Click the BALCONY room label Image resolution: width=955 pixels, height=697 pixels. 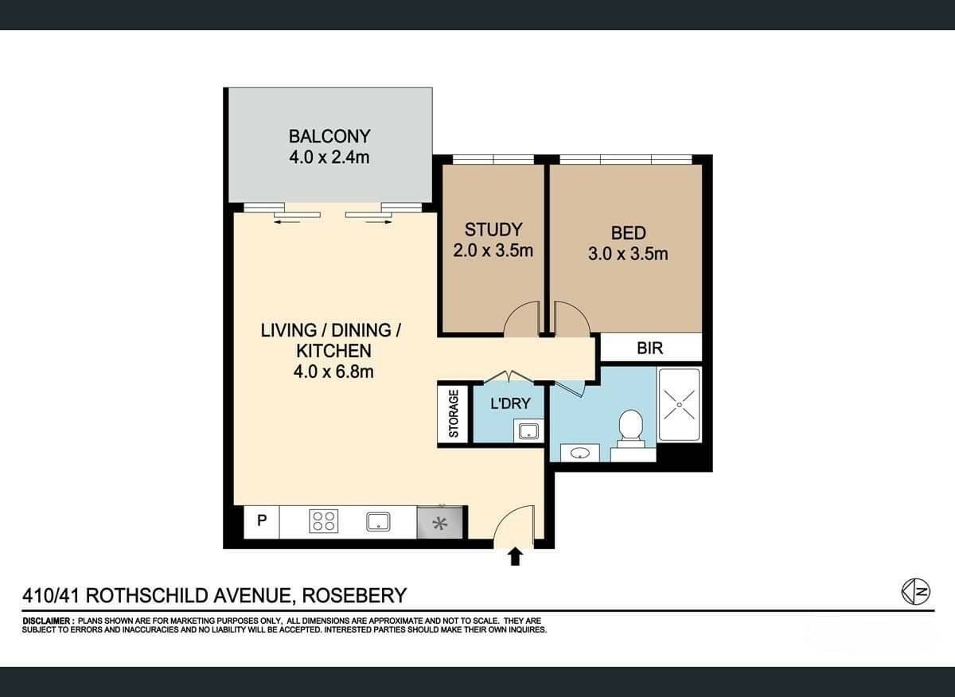pyautogui.click(x=329, y=136)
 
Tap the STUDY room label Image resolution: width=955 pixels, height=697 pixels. pyautogui.click(x=493, y=230)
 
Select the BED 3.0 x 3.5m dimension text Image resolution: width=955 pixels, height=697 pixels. pyautogui.click(x=628, y=254)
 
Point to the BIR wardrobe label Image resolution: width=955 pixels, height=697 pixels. pyautogui.click(x=649, y=348)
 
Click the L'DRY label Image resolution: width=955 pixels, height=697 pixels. pyautogui.click(x=510, y=403)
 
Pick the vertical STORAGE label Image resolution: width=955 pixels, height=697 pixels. pyautogui.click(x=454, y=414)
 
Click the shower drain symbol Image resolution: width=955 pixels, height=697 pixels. pyautogui.click(x=679, y=404)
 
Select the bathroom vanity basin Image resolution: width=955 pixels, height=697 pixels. pyautogui.click(x=579, y=454)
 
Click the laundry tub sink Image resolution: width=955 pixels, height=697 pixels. pyautogui.click(x=528, y=431)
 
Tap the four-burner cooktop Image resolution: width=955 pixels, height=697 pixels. pyautogui.click(x=324, y=521)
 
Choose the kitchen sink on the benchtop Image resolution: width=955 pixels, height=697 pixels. pyautogui.click(x=378, y=522)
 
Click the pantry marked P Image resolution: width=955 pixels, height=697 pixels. pyautogui.click(x=262, y=521)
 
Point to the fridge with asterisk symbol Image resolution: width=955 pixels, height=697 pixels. pyautogui.click(x=439, y=522)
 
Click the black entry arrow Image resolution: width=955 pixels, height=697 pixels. pyautogui.click(x=516, y=557)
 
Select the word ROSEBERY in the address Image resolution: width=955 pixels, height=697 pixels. pyautogui.click(x=354, y=596)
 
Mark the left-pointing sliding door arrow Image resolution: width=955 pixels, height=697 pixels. pyautogui.click(x=286, y=221)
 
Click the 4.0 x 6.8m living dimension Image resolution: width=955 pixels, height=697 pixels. pyautogui.click(x=333, y=372)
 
